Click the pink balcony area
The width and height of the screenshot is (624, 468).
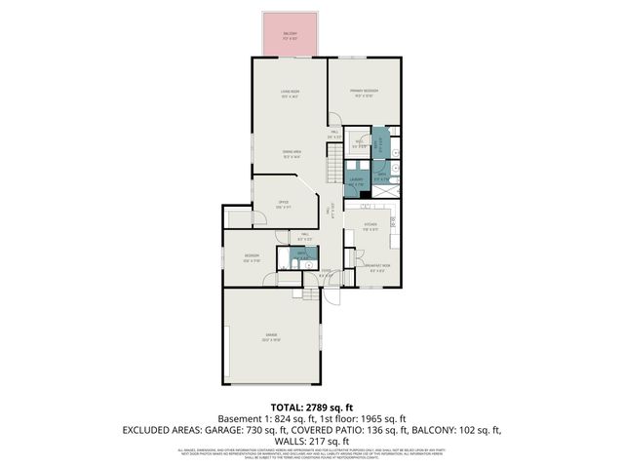pos(290,36)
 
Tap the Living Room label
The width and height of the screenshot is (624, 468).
pos(290,94)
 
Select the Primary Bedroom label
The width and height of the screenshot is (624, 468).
pos(366,93)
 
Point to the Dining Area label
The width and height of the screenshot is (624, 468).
pos(291,153)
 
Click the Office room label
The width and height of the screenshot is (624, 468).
pos(283,205)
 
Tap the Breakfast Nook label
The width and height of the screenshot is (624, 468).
pos(379,266)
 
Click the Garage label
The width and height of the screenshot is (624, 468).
pos(270,337)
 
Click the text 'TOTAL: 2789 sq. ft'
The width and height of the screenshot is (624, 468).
pos(312,408)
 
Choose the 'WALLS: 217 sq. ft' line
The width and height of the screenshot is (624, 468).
pos(312,440)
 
